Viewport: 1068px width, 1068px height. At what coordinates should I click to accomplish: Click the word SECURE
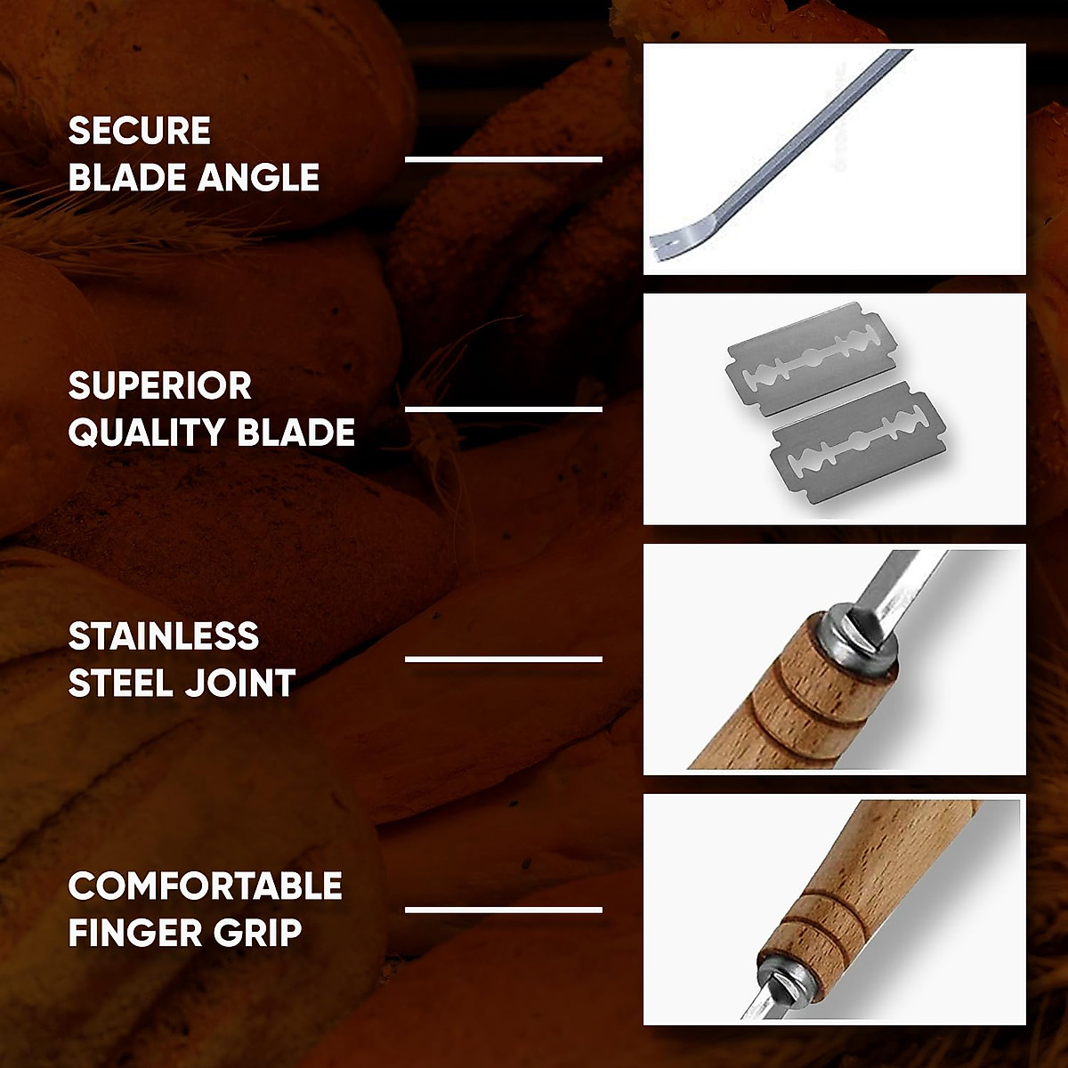pyautogui.click(x=139, y=131)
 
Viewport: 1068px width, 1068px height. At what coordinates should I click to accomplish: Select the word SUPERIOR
pyautogui.click(x=160, y=386)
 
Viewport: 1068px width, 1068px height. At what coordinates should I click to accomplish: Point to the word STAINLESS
pyautogui.click(x=164, y=636)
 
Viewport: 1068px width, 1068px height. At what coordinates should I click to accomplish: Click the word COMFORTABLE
pyautogui.click(x=205, y=886)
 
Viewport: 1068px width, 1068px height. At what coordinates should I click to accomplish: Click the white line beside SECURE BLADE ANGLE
pyautogui.click(x=504, y=159)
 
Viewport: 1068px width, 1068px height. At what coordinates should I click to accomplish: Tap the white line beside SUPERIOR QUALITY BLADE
pyautogui.click(x=504, y=409)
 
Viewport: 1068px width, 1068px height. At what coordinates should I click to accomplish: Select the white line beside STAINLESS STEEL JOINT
pyautogui.click(x=504, y=659)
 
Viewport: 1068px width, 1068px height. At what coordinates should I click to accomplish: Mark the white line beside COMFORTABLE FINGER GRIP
pyautogui.click(x=504, y=910)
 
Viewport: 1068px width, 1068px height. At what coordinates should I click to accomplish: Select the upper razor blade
pyautogui.click(x=812, y=359)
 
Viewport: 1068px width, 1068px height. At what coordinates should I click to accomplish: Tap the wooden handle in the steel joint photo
pyautogui.click(x=774, y=703)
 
